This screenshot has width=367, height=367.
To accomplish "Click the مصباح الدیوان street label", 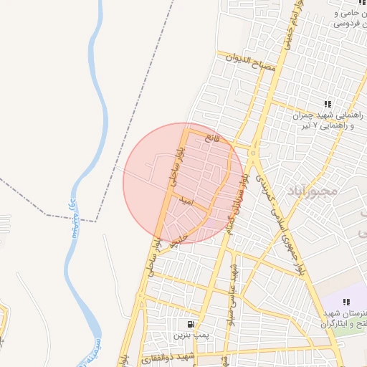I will [x=249, y=63].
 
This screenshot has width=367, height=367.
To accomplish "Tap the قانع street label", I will [x=209, y=136].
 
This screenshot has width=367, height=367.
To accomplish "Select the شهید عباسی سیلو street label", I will [x=232, y=283].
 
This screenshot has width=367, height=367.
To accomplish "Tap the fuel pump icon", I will [x=190, y=324].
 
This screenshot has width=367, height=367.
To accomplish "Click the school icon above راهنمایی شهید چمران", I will [x=328, y=105].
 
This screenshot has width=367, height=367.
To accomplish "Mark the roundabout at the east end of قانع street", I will [x=254, y=152].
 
